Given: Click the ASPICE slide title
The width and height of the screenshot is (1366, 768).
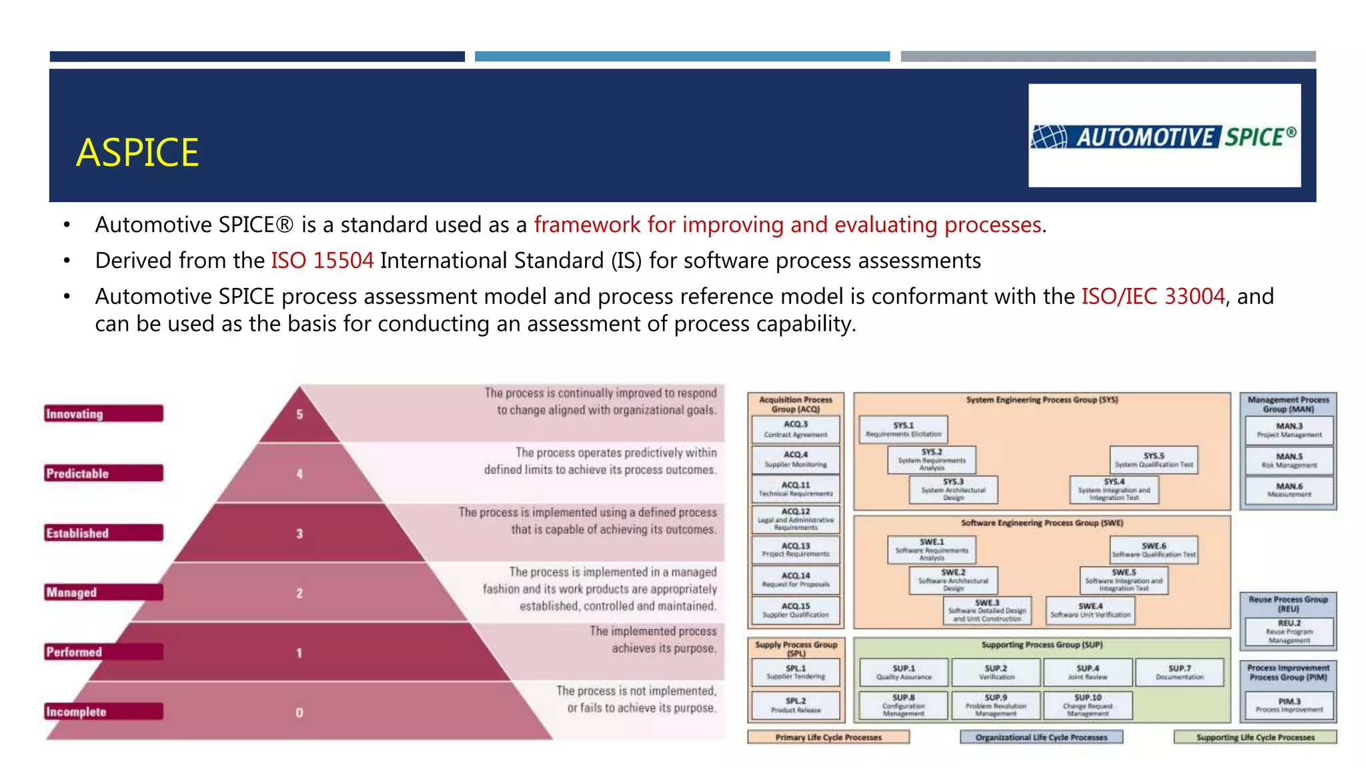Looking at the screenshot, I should coord(137,153).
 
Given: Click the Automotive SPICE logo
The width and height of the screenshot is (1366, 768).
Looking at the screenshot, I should coord(1164,137).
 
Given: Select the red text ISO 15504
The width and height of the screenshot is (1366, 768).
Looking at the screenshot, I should coord(322,261).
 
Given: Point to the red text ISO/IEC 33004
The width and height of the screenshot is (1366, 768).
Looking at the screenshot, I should coord(1153,296).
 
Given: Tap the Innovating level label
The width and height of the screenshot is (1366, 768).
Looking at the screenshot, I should coord(103,414).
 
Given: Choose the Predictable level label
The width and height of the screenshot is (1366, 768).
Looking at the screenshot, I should coord(103,473).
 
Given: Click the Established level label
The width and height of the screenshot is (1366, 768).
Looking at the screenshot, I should coord(103,533).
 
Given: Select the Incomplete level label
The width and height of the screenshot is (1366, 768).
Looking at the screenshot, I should coord(103,711).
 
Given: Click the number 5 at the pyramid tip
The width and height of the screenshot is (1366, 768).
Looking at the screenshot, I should coord(299,415).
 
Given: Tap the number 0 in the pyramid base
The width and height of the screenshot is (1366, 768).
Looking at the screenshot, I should coord(299,713).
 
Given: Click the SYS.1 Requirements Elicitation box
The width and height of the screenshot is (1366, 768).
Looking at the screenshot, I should coord(903,429).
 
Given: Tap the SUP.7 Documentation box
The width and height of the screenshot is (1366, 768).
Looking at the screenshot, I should coord(1179,672).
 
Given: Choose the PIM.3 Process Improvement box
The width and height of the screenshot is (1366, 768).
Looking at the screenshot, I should coord(1289,705).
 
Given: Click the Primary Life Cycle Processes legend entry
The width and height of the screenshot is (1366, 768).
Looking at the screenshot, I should coord(828,737).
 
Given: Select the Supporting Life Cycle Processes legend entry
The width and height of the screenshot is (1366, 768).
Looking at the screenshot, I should coord(1255,737).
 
